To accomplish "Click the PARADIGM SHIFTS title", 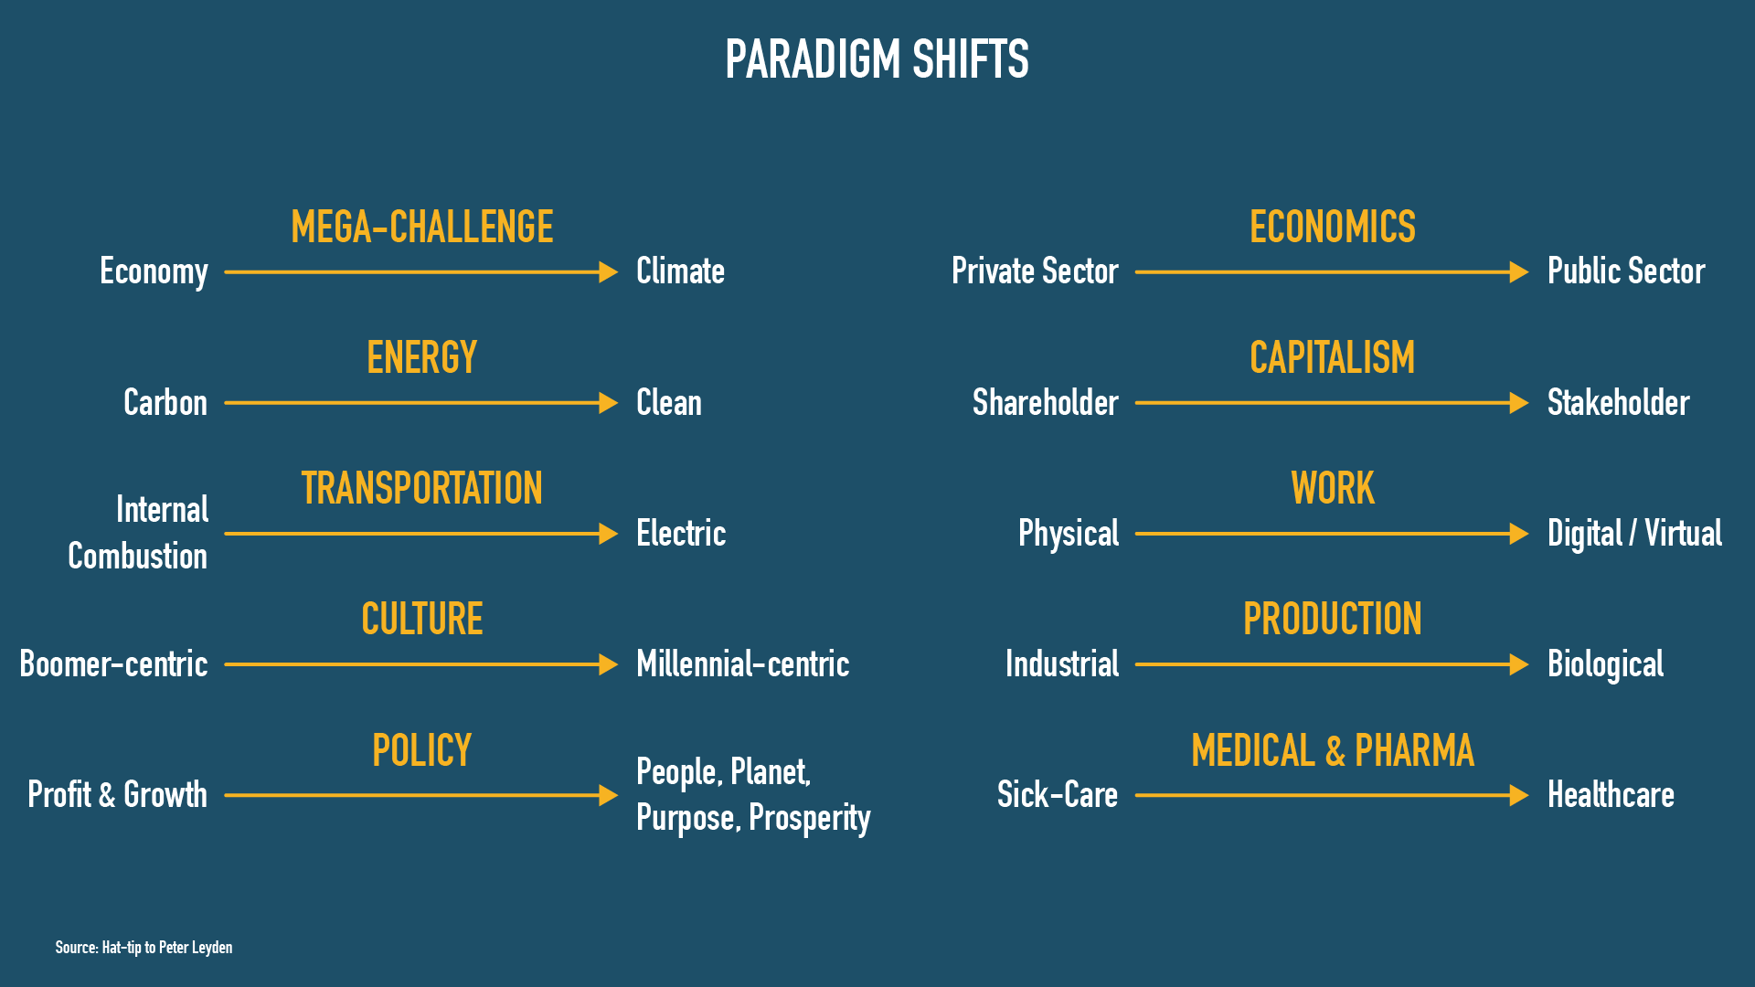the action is click(877, 59).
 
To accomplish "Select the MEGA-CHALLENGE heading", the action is click(422, 227).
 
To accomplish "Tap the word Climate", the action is click(680, 271).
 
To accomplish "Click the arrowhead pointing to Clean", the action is click(608, 403).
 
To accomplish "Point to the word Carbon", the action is click(165, 402).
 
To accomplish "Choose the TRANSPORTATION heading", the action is click(422, 488).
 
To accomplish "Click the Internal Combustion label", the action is click(138, 533).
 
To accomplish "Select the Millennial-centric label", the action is click(743, 663).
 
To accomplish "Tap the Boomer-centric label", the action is click(113, 663).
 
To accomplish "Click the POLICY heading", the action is click(422, 750).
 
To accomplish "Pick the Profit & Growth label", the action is click(118, 794).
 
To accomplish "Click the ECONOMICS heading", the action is click(1333, 227).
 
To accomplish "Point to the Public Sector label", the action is click(1626, 271).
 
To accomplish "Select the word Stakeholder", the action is click(1619, 402).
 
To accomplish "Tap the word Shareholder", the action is click(1046, 402).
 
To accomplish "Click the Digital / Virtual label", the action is click(1634, 534).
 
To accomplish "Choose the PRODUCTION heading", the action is click(1333, 619).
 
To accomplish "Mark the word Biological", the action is click(1605, 664).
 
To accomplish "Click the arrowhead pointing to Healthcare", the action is click(1518, 796).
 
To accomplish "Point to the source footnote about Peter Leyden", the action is click(144, 947).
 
